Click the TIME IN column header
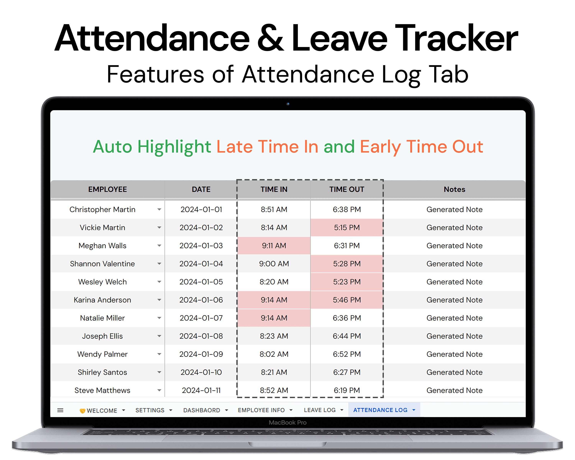pos(274,189)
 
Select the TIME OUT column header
pos(347,189)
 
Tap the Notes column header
pos(454,189)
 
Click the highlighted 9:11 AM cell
pos(274,246)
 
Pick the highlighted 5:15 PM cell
pos(347,228)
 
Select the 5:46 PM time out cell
pos(347,300)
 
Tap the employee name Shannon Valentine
pos(102,264)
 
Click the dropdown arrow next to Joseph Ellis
pos(159,336)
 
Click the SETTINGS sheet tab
pos(150,410)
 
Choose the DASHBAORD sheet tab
pos(202,410)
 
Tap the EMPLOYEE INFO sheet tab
pos(261,410)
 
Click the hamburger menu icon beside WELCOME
pos(60,410)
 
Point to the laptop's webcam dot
pos(288,104)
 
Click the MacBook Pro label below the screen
pos(287,422)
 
